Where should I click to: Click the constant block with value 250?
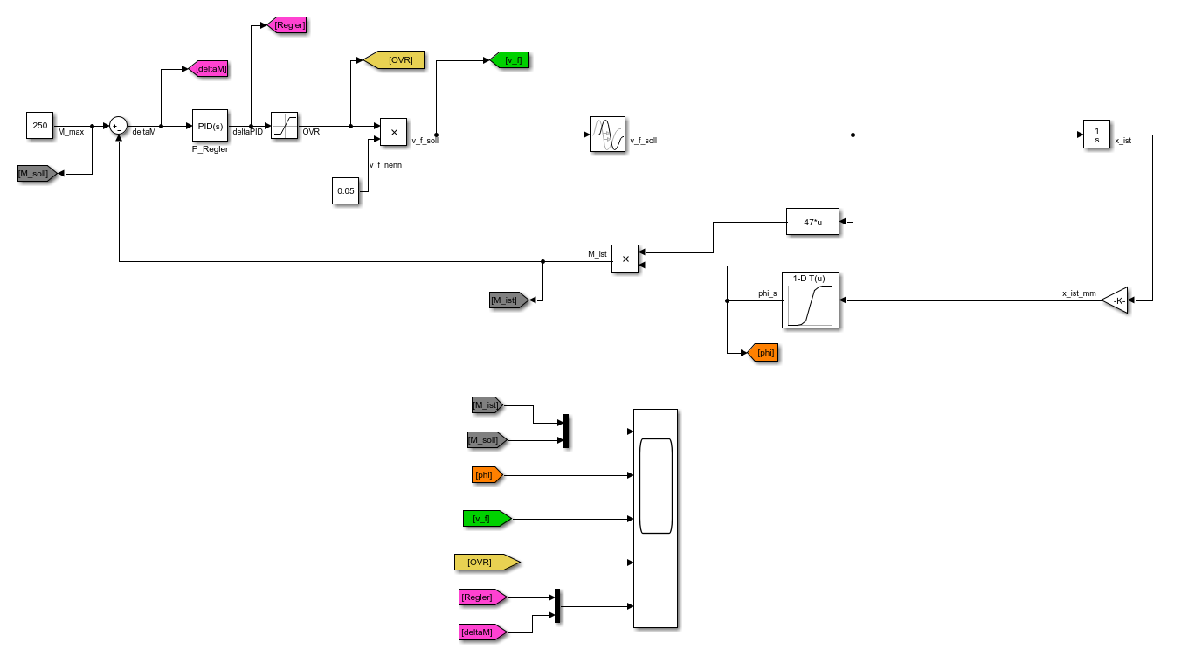[40, 126]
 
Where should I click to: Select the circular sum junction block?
[119, 126]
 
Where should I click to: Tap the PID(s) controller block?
[210, 126]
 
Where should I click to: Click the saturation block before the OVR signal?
[285, 126]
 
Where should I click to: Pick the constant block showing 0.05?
[346, 190]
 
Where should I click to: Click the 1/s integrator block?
[1096, 135]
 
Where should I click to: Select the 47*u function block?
[812, 222]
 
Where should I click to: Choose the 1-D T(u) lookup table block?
[810, 300]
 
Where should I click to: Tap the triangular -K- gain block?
[1115, 300]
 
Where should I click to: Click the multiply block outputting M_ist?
[625, 259]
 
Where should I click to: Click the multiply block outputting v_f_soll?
[393, 132]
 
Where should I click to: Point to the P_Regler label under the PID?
[210, 149]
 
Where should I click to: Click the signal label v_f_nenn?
[385, 164]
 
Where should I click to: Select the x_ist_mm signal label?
[1079, 293]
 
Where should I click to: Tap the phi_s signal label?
[768, 293]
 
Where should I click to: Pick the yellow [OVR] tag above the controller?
[394, 59]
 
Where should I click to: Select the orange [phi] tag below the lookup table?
[763, 353]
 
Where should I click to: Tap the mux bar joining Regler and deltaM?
[557, 606]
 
